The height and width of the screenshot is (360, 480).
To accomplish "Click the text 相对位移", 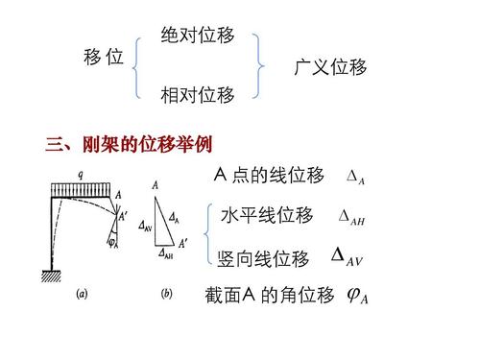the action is pyautogui.click(x=198, y=95).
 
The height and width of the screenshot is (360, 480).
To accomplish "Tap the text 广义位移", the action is pyautogui.click(x=330, y=68).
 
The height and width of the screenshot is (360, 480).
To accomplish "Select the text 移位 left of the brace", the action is pyautogui.click(x=104, y=59).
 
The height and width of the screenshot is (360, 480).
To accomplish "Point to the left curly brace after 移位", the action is pyautogui.click(x=141, y=64).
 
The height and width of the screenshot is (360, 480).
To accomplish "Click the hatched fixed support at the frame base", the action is pyautogui.click(x=51, y=277).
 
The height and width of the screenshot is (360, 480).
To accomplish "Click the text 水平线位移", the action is pyautogui.click(x=267, y=215).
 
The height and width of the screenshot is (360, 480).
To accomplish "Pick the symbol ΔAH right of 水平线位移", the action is pyautogui.click(x=352, y=217).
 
